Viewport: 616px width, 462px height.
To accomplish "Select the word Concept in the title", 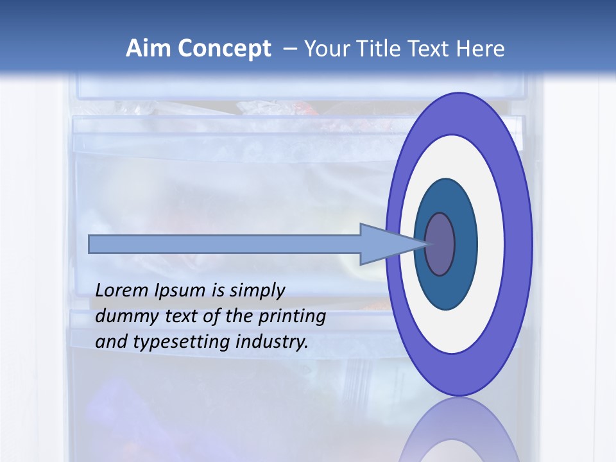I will pyautogui.click(x=225, y=49).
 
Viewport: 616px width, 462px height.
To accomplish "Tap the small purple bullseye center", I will pyautogui.click(x=440, y=244).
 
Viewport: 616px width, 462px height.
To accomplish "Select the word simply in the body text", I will pyautogui.click(x=257, y=291).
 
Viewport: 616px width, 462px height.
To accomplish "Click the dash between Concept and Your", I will pyautogui.click(x=289, y=49).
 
